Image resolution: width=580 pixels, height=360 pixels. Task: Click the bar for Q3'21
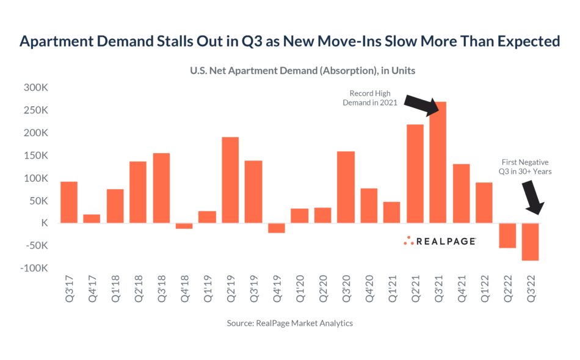tap(438, 162)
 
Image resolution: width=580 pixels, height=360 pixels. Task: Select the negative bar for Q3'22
tap(530, 242)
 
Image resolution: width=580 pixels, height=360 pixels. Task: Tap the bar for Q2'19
tap(230, 180)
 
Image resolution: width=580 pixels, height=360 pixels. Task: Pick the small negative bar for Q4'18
tap(184, 226)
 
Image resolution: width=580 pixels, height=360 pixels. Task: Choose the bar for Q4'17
tap(92, 218)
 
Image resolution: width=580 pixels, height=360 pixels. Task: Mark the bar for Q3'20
tap(346, 187)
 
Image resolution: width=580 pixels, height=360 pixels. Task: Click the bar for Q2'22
tap(507, 236)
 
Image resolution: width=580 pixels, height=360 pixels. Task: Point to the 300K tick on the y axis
tap(36, 88)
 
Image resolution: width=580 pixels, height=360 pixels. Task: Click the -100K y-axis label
tap(34, 268)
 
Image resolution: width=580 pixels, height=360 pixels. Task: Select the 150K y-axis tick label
tap(36, 155)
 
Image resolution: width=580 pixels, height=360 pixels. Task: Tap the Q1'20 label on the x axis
tap(300, 289)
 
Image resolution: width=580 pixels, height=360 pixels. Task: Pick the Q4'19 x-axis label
tap(277, 289)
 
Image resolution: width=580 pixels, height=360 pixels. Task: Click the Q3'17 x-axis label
tap(69, 289)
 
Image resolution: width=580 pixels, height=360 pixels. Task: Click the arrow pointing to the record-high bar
tap(422, 106)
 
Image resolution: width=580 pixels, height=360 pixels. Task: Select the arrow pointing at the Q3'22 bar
tap(533, 198)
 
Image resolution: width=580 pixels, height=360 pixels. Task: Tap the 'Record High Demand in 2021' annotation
tap(370, 98)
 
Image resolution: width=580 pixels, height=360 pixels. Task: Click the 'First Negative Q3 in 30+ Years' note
tap(525, 167)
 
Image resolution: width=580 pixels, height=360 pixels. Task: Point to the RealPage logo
tap(440, 241)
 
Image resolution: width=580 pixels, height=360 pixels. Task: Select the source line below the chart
tap(289, 323)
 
